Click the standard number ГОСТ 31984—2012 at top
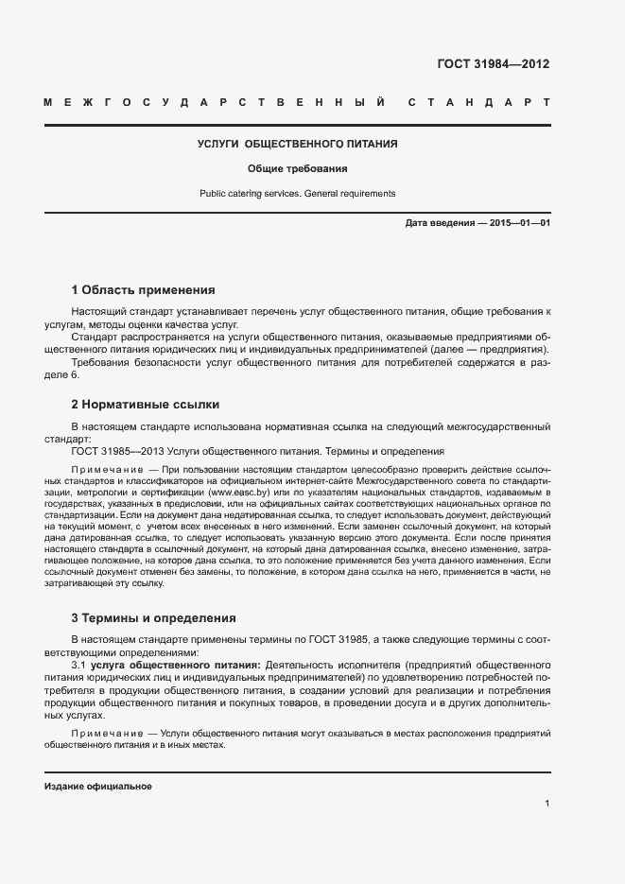coord(493,64)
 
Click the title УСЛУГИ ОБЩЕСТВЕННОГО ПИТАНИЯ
coord(297,144)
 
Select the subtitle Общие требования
coord(297,169)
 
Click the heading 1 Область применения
coord(143,289)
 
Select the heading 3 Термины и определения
coord(153,618)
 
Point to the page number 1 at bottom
coord(547,804)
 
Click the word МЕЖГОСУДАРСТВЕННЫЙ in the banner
coord(213,101)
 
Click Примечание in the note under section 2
coord(108,470)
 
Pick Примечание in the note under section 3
coord(108,733)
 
